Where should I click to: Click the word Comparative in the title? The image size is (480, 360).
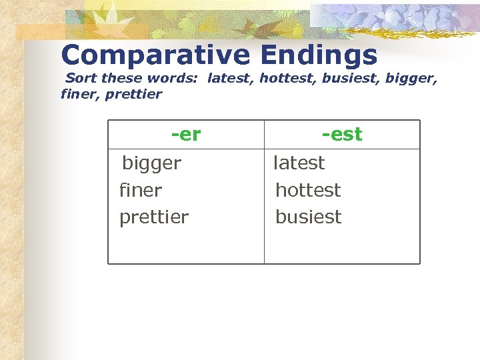pyautogui.click(x=153, y=55)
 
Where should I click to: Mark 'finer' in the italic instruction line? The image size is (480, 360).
pyautogui.click(x=78, y=94)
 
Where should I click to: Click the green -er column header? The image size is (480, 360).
pyautogui.click(x=186, y=135)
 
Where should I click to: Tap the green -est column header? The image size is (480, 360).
pyautogui.click(x=342, y=135)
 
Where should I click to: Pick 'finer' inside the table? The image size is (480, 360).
pyautogui.click(x=141, y=190)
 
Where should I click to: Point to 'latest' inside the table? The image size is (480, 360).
pyautogui.click(x=299, y=163)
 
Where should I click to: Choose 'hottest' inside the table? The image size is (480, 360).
pyautogui.click(x=308, y=190)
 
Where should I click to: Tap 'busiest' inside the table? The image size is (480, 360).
pyautogui.click(x=309, y=217)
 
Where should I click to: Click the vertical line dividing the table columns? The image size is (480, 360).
pyautogui.click(x=264, y=200)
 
